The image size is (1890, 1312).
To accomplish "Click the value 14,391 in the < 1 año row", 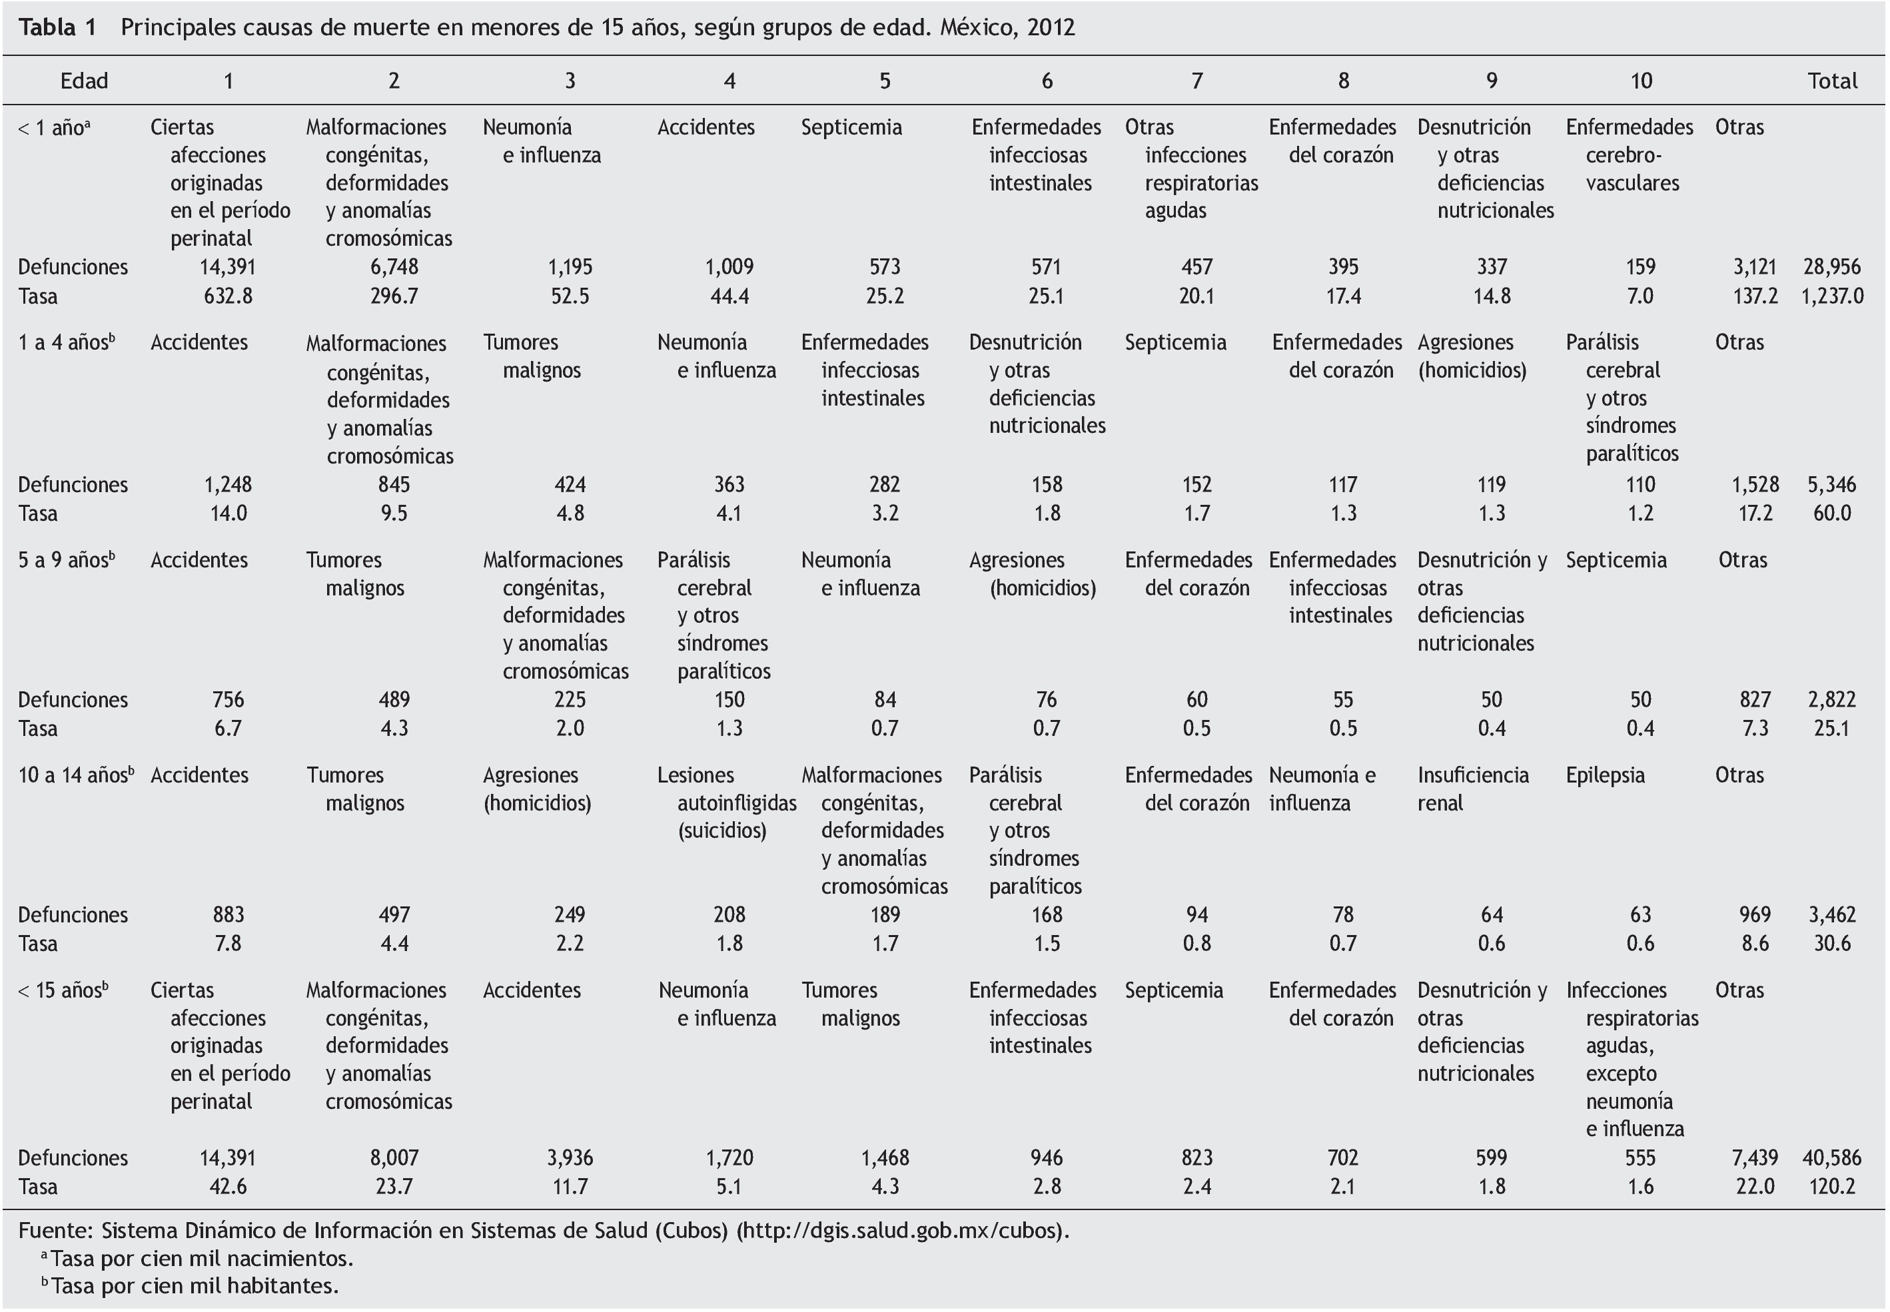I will (228, 267).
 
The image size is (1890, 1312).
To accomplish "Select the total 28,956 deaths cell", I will (1831, 267).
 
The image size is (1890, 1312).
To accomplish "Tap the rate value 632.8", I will (228, 296).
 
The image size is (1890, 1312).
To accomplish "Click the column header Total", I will (1831, 81).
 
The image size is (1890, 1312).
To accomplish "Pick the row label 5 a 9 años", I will (66, 560).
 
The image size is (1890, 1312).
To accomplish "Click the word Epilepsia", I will (1605, 775).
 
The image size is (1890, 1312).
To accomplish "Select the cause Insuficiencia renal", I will (1472, 789).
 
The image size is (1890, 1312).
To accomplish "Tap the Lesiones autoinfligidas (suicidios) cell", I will (727, 803).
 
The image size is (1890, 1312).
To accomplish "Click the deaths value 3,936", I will (570, 1158).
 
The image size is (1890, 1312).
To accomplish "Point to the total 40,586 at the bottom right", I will (1831, 1158).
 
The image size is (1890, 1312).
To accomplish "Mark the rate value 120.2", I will (1831, 1187).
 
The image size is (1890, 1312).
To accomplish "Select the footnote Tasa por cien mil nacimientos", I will (201, 1259).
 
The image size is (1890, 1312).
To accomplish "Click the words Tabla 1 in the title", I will (57, 28).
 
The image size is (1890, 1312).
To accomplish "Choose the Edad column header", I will (84, 81).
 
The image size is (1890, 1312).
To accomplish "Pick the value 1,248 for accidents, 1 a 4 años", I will (228, 485).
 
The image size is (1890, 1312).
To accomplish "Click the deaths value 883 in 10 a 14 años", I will (228, 915).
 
